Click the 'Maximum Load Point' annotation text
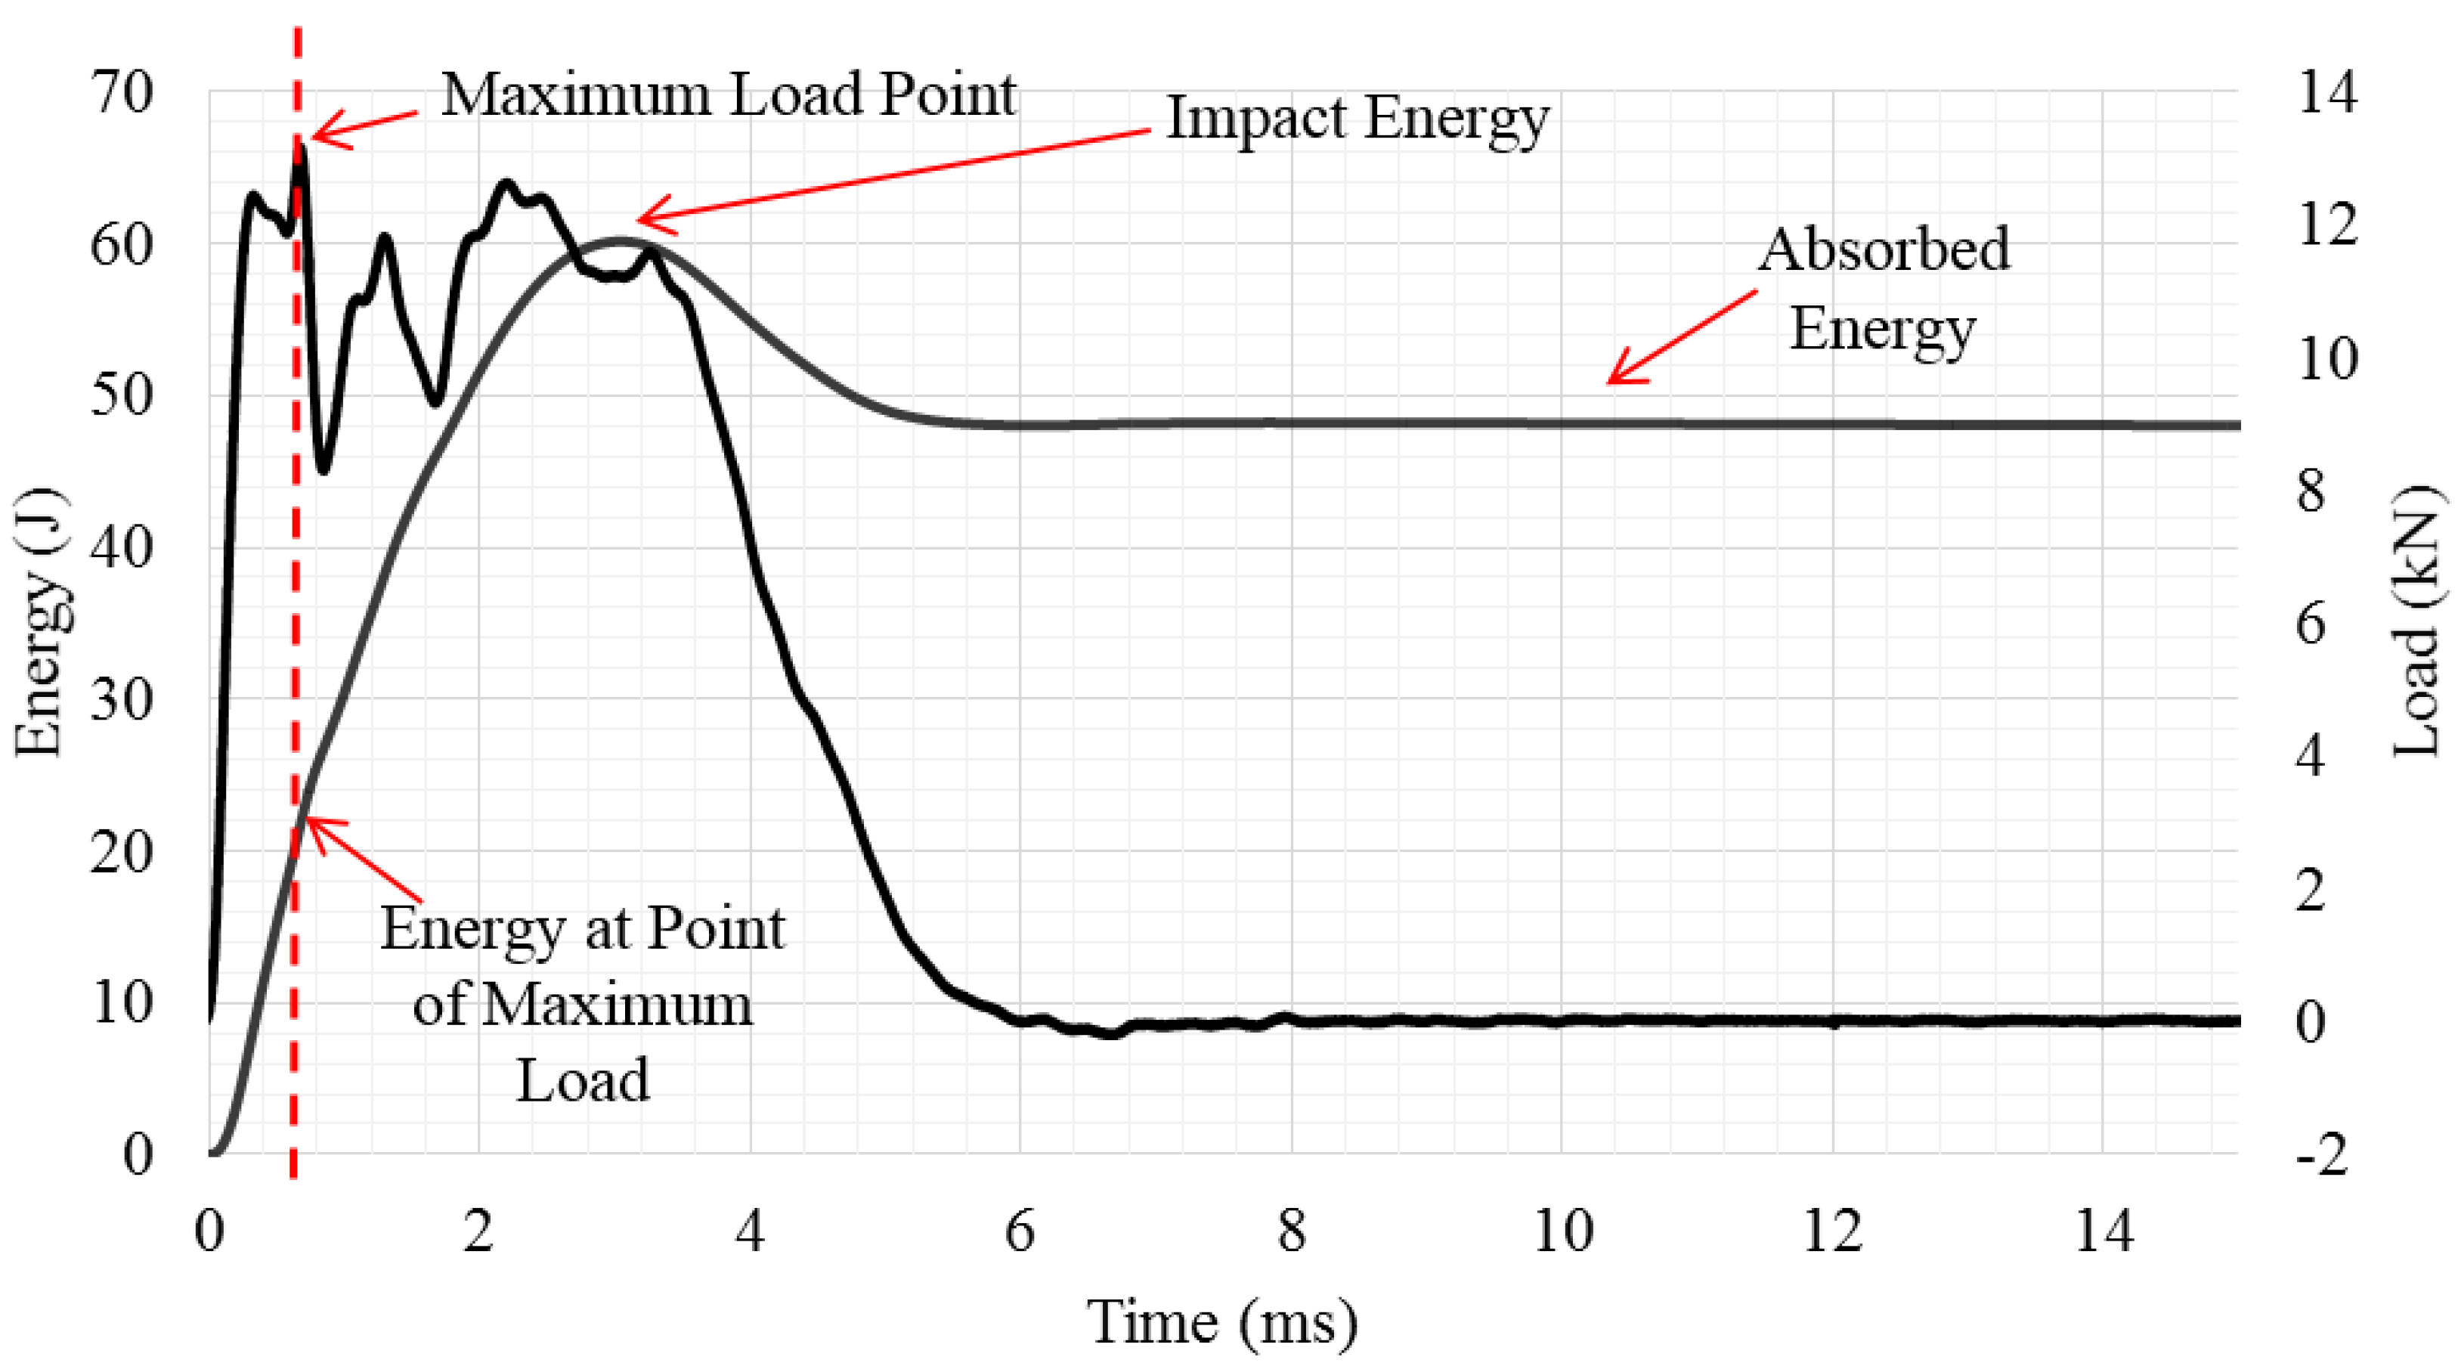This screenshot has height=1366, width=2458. coord(728,94)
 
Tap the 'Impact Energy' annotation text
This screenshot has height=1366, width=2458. coord(1357,119)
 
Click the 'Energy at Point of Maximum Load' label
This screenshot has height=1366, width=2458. coord(582,1003)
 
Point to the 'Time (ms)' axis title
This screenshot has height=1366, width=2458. coord(1222,1322)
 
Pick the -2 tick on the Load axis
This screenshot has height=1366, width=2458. coord(2321,1154)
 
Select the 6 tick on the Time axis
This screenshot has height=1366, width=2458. coord(1020,1231)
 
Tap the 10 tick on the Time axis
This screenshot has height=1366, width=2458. coord(1562,1231)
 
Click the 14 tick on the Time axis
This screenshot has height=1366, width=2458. coord(2104,1231)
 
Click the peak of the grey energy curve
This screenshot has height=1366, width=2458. coord(621,240)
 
